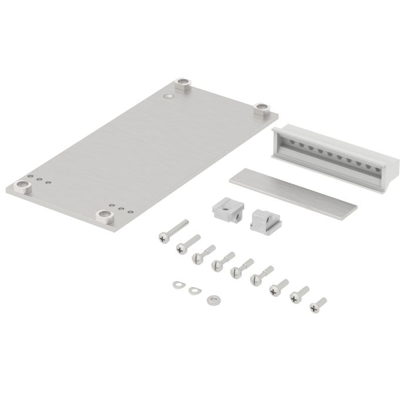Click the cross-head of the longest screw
[x=163, y=236]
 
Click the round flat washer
[x=213, y=298]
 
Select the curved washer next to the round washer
[x=193, y=289]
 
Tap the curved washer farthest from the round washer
[x=177, y=284]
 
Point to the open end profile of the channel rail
[x=282, y=146]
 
